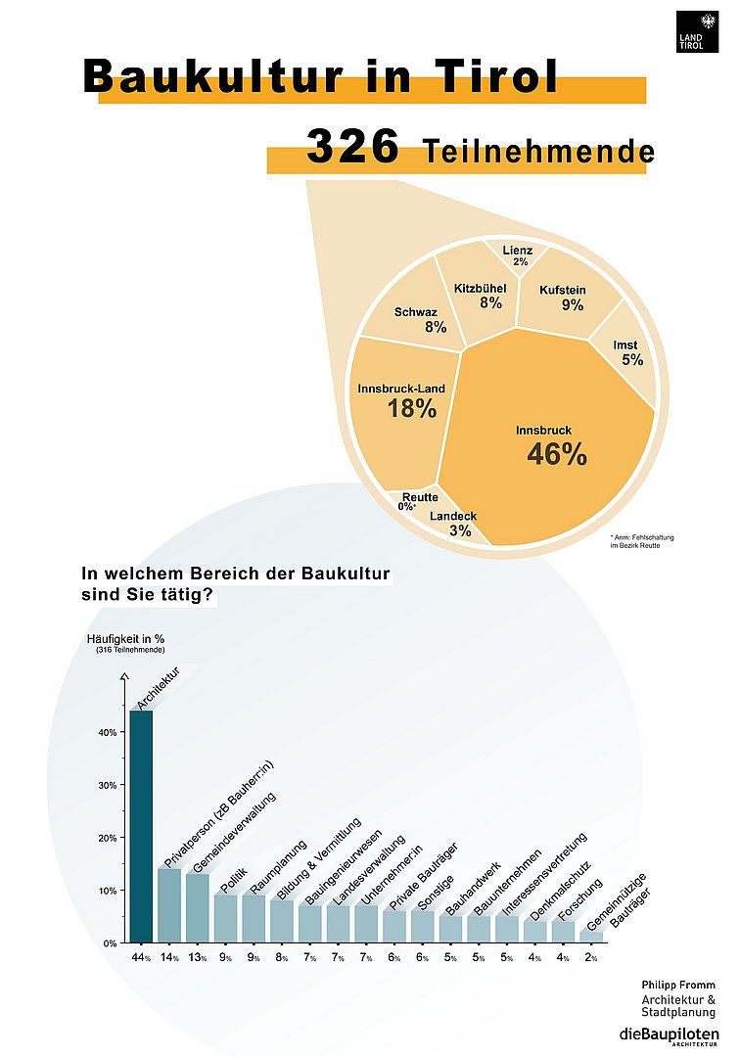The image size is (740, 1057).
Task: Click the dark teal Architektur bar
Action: point(141,827)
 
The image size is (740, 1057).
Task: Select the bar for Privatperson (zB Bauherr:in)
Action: point(169,905)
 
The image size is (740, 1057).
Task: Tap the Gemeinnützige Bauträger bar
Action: point(591,936)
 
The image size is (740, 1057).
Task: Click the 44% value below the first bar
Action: point(140,957)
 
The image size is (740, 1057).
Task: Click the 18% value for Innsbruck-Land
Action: point(411,409)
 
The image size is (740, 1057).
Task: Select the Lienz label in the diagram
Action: point(518,251)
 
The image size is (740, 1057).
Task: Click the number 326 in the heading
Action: point(352,147)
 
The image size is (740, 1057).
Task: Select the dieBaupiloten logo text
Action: point(669,1035)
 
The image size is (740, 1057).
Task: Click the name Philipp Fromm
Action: point(678,985)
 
